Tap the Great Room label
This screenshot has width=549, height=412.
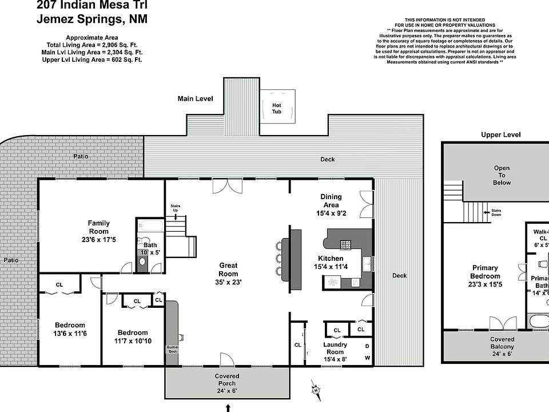[x=228, y=265]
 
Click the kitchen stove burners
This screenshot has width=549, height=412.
[x=346, y=245]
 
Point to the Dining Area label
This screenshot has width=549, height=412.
[x=331, y=200]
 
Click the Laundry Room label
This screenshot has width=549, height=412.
[x=335, y=344]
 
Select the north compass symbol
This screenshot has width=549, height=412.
[x=315, y=390]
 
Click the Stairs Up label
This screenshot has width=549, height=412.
[x=176, y=208]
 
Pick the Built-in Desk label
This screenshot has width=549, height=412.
[x=172, y=349]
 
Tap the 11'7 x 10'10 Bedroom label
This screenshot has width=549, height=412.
[x=133, y=332]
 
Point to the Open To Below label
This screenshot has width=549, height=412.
[x=502, y=175]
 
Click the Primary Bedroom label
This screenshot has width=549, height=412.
[x=485, y=268]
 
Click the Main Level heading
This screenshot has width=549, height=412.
[x=195, y=98]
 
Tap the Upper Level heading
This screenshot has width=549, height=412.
[x=501, y=135]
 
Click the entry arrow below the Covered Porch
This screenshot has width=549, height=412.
[x=228, y=407]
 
